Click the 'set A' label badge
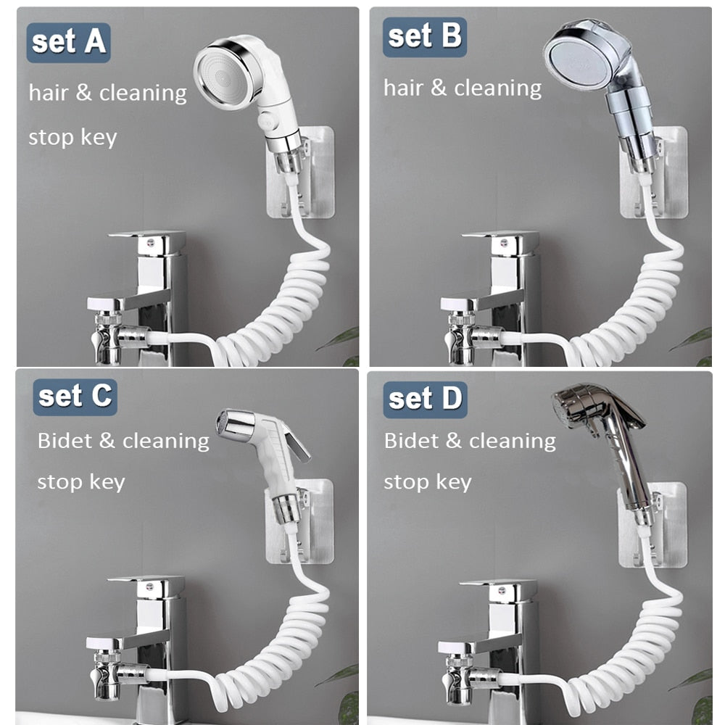pyautogui.click(x=68, y=43)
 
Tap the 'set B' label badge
pyautogui.click(x=424, y=37)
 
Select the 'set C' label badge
pyautogui.click(x=75, y=397)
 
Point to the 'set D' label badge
pyautogui.click(x=425, y=399)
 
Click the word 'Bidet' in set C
pyautogui.click(x=65, y=440)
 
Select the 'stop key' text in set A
pyautogui.click(x=72, y=138)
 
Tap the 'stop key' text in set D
pyautogui.click(x=428, y=482)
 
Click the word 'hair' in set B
pyautogui.click(x=403, y=88)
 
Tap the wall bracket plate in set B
pyautogui.click(x=653, y=172)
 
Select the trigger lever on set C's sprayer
pyautogui.click(x=296, y=443)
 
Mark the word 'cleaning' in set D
pyautogui.click(x=513, y=441)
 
